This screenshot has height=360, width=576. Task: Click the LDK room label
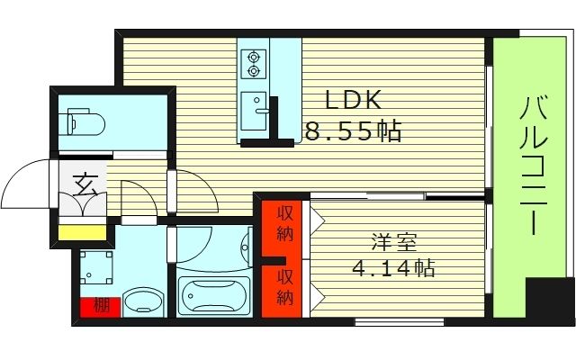pyautogui.click(x=348, y=99)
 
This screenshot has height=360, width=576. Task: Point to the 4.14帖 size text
pyautogui.click(x=393, y=268)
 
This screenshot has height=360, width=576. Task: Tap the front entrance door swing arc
pyautogui.click(x=27, y=184)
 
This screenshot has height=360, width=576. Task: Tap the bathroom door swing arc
pyautogui.click(x=193, y=238)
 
